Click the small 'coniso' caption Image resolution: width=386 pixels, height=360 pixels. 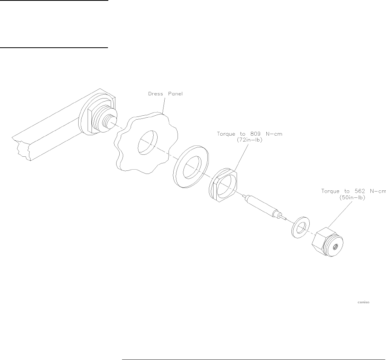click(363, 302)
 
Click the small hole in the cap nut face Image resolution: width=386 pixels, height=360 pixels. click(335, 247)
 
